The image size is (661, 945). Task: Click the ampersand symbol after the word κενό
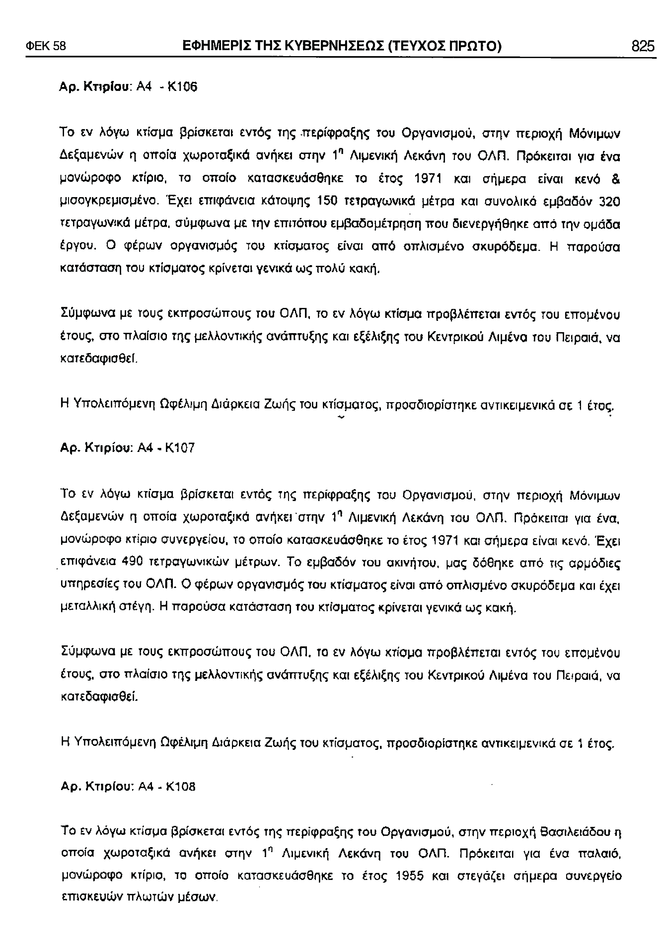[x=617, y=180]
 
